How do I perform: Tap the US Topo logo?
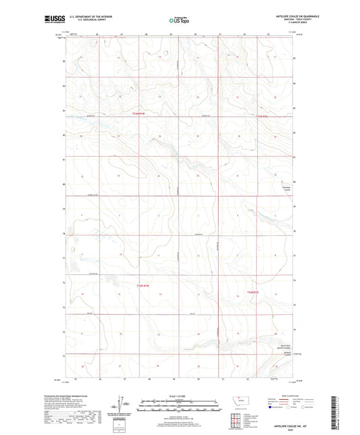pyautogui.click(x=178, y=21)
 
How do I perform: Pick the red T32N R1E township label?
pyautogui.click(x=251, y=292)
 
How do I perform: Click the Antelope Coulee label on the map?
pyautogui.click(x=286, y=190)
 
